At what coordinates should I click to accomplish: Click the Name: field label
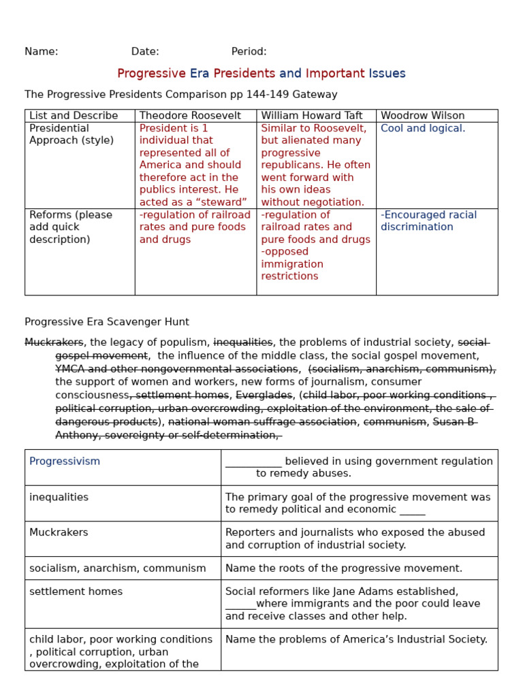[42, 52]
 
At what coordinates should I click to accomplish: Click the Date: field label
[145, 52]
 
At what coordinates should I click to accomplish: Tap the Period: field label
[249, 52]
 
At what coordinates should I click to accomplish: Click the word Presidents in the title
[244, 74]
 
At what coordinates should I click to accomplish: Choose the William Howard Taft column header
[312, 116]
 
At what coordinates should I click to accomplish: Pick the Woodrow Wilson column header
[422, 116]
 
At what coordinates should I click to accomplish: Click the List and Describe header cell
[74, 116]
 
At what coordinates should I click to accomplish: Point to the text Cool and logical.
[423, 129]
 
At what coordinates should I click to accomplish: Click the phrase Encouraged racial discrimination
[428, 221]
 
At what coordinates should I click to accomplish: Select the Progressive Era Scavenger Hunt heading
[107, 322]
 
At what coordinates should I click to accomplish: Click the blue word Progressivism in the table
[65, 461]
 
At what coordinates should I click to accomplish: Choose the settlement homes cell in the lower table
[76, 592]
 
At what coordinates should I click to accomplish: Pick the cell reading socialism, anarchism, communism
[118, 568]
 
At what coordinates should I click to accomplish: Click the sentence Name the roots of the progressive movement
[343, 568]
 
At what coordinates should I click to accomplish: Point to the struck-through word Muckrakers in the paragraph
[54, 342]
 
